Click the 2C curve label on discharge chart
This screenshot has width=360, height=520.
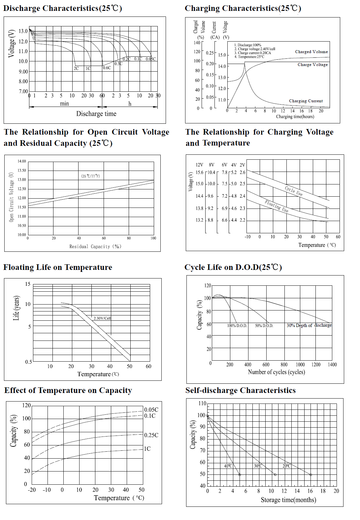[76, 69]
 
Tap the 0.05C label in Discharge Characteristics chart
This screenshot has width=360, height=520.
[150, 59]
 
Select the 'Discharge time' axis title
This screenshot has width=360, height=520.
[96, 114]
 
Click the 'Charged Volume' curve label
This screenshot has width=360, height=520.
[311, 52]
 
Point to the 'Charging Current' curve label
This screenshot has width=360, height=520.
[306, 101]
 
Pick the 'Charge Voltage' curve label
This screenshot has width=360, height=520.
[312, 65]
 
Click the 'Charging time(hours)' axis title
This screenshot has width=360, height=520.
[295, 116]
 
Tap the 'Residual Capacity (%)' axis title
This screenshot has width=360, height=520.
[95, 246]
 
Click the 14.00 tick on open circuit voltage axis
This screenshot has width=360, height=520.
[22, 161]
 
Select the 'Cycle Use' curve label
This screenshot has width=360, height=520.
[294, 191]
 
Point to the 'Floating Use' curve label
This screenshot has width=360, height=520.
[277, 206]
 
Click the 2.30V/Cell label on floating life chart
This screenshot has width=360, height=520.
[102, 318]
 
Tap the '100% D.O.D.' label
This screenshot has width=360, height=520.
[237, 326]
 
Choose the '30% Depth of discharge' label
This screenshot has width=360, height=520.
[309, 325]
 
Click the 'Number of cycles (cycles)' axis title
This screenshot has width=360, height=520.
[276, 372]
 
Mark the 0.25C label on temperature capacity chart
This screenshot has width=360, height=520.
[151, 435]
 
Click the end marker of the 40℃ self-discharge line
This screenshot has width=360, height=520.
[240, 475]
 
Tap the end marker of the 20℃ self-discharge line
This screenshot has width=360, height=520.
[311, 475]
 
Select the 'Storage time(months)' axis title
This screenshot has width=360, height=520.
[288, 500]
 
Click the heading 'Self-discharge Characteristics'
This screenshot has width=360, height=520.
[240, 390]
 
